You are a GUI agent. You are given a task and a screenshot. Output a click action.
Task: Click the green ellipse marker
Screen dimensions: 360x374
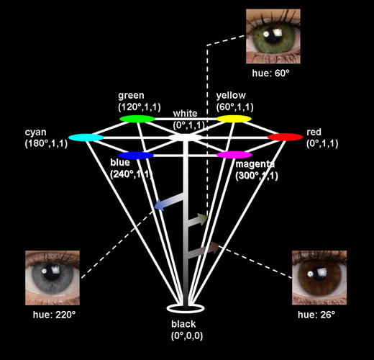tap(137, 118)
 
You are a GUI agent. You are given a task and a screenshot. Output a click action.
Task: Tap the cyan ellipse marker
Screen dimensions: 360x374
tap(86, 137)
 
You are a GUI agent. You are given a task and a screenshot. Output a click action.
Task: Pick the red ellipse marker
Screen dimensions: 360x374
tap(285, 137)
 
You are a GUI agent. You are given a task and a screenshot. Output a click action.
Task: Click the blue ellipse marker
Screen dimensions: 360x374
tap(136, 156)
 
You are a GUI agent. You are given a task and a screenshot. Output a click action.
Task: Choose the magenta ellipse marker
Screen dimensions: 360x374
tap(234, 155)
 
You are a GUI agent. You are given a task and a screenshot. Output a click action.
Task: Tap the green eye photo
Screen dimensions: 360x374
tap(273, 34)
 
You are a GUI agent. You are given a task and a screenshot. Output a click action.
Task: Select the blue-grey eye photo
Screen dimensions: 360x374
tap(53, 275)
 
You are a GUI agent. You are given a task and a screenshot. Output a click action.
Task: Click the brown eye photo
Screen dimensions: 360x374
tap(319, 275)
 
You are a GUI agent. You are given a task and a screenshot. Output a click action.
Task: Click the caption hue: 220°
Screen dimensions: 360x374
tap(53, 315)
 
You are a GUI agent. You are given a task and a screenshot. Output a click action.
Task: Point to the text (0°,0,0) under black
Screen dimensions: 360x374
tap(185, 336)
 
